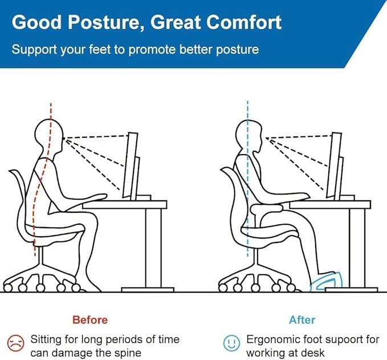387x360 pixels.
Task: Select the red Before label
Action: tap(90, 319)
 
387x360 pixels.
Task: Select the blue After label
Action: tap(302, 319)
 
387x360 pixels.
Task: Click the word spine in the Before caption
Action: tap(127, 353)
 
